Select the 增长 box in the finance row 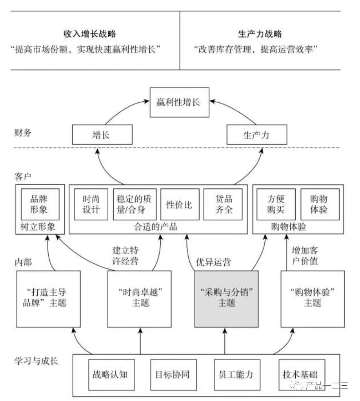coord(102,136)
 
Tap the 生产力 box coord(257,136)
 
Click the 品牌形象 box coord(40,204)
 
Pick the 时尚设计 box coord(92,204)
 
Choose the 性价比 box coord(180,204)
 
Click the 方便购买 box coord(276,204)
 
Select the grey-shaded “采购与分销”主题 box coord(226,298)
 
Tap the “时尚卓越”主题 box coord(140,298)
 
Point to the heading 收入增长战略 coord(90,34)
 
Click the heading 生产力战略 coord(260,34)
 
